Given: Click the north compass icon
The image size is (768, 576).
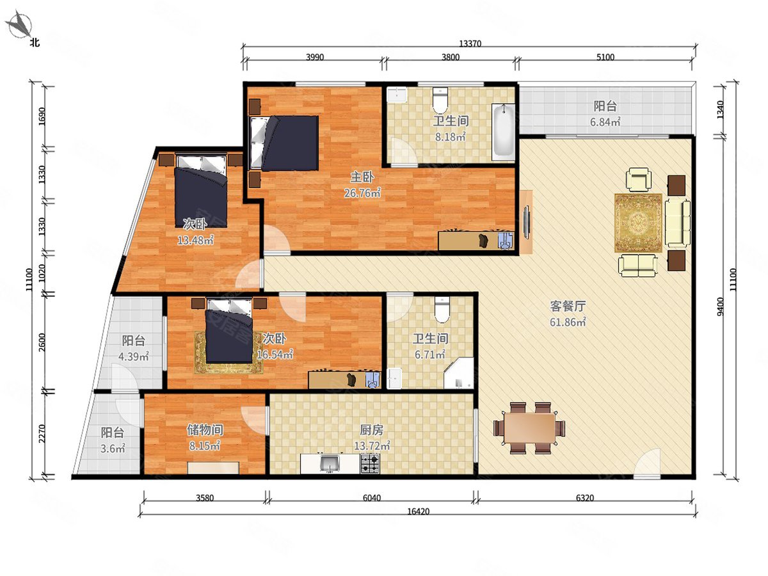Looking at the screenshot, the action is coord(20,24).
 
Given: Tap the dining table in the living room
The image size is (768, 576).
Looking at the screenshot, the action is coord(529,428).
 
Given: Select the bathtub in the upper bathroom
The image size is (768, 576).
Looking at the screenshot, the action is coord(503,132).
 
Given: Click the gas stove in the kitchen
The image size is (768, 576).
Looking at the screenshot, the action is coord(370,463).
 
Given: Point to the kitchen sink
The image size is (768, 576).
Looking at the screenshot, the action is coord(329,463).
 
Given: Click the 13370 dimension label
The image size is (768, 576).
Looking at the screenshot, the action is coord(470,44).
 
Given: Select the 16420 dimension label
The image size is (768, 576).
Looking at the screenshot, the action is coord(418,511).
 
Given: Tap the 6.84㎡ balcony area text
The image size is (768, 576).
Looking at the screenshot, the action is coord(605,122).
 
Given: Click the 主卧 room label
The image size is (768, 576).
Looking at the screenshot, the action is coord(362,177).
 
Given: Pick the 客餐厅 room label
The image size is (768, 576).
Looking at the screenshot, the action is coord(568,307).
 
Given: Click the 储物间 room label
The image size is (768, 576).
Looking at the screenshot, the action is coord(205,430).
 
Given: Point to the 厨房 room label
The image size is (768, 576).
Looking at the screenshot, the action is coord(372,430).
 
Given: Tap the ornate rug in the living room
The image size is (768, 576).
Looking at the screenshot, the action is coord(638,223).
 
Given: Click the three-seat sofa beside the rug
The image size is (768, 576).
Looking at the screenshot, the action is coord(677,223).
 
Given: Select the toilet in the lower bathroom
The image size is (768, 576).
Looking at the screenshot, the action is coord(442,310).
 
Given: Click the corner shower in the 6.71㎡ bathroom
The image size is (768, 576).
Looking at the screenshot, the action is coord(459,373).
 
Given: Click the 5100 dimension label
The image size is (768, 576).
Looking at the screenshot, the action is coord(605,57).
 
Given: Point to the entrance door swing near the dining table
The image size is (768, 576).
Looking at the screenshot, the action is coord(647,463).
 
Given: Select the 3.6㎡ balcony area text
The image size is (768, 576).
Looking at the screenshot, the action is coord(112,449).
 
